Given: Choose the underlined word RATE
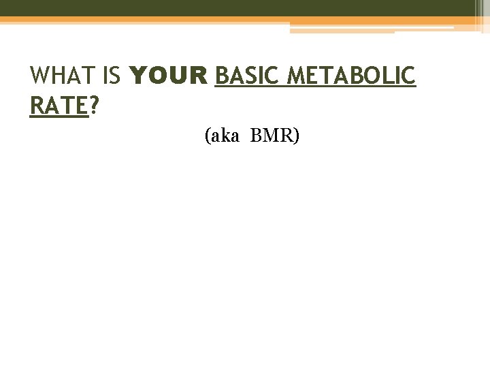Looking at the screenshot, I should (x=59, y=106).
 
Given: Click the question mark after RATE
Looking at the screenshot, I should (x=93, y=106).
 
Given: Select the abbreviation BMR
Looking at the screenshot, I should (x=271, y=136).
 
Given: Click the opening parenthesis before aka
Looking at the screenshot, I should (x=207, y=137).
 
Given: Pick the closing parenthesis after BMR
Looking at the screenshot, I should (x=296, y=137).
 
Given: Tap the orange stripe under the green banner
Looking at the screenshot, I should (x=136, y=20).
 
